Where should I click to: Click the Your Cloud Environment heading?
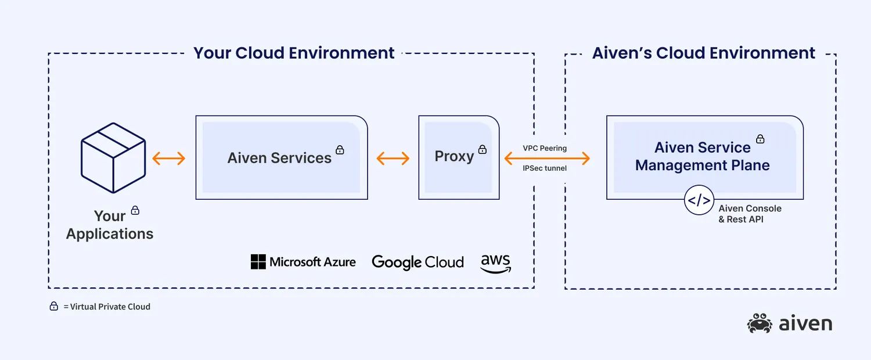tap(294, 53)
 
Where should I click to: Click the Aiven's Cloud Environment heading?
tap(703, 53)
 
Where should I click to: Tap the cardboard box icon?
tap(113, 157)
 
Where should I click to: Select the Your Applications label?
tap(109, 225)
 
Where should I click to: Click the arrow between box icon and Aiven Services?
tap(168, 158)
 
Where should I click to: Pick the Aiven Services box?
tap(281, 157)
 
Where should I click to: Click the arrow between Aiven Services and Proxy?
tap(393, 158)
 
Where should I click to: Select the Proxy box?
tap(458, 157)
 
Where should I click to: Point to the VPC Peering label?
tap(545, 148)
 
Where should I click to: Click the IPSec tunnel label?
tap(545, 168)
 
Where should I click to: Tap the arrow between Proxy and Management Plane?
tap(546, 158)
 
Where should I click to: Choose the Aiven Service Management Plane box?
tap(704, 157)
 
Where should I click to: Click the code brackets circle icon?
tap(698, 200)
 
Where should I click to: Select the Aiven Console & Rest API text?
tap(750, 214)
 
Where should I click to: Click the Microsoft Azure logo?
tap(303, 262)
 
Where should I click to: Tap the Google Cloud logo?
tap(417, 262)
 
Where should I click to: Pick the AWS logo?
tap(495, 263)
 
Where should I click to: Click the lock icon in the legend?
tap(54, 306)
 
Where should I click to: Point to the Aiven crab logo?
tap(760, 323)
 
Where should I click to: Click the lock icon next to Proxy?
tap(483, 149)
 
